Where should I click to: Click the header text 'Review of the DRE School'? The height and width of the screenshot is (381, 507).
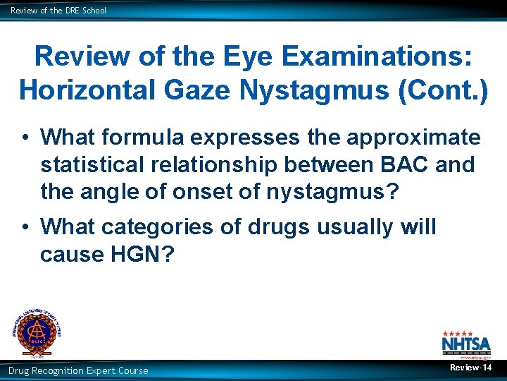(58, 11)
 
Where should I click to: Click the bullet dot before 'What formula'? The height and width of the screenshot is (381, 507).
(24, 136)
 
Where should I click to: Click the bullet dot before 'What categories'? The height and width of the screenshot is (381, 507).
(24, 227)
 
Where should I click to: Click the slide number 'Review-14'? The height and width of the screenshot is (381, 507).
(470, 368)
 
